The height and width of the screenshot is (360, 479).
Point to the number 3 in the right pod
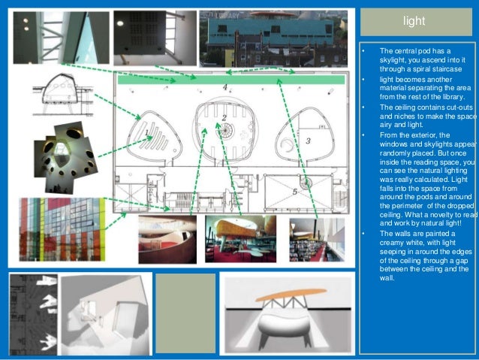coord(308,141)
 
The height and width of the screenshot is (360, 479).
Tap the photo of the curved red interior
coord(167,239)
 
